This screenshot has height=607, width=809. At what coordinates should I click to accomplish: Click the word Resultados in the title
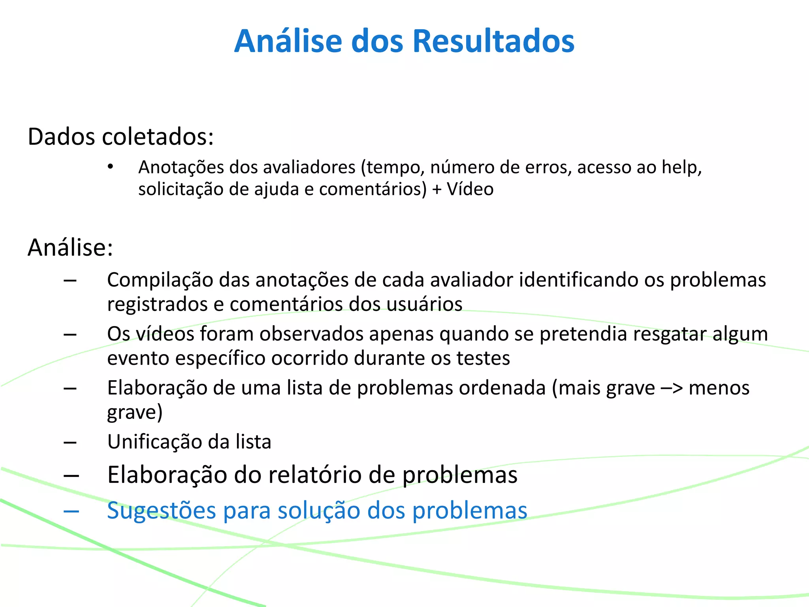(493, 41)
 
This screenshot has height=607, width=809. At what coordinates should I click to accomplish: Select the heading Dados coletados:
(121, 137)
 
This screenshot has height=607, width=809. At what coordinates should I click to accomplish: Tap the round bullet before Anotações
(111, 166)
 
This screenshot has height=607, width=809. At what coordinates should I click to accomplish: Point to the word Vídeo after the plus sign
(470, 189)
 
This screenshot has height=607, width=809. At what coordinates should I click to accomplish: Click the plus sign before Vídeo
(436, 189)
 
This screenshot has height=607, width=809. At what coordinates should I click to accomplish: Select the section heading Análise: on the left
(70, 248)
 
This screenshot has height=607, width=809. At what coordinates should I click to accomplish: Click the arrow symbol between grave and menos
(672, 388)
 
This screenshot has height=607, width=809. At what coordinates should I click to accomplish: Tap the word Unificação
(154, 442)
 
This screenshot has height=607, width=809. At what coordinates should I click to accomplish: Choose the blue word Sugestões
(162, 511)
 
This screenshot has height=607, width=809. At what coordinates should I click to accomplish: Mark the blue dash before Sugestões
(71, 511)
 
